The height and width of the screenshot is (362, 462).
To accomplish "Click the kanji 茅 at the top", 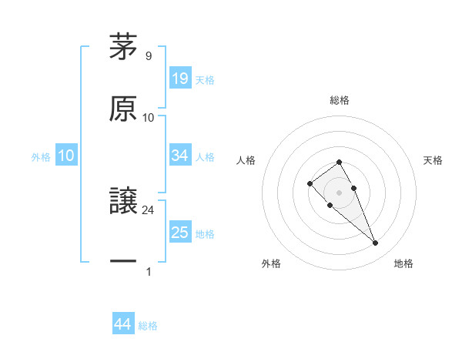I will click(x=124, y=47).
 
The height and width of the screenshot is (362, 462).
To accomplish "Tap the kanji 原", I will click(x=124, y=108).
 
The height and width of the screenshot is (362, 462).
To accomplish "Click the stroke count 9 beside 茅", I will click(x=148, y=55).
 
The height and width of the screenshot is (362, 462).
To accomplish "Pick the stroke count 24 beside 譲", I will click(x=149, y=209).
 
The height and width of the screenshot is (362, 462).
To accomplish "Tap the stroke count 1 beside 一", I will click(x=148, y=271).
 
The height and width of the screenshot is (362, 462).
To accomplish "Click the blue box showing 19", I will click(x=180, y=79).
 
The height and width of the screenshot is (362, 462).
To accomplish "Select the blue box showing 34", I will click(x=180, y=156).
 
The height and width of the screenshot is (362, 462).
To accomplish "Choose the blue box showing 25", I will click(x=180, y=233).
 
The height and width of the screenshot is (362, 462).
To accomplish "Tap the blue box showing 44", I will click(x=123, y=325).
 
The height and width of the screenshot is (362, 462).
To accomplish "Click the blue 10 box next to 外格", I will click(x=65, y=156).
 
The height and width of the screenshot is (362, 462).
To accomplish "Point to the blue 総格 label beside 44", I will click(x=148, y=326).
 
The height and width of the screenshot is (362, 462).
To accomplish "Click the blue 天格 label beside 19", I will click(x=205, y=79).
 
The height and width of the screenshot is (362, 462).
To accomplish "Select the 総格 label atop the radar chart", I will click(x=340, y=100).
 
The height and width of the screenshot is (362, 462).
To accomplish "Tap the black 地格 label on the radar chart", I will click(x=403, y=263).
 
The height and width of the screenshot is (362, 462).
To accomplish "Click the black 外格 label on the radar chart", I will click(x=271, y=263).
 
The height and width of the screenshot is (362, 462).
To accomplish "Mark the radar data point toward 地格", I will click(x=375, y=243).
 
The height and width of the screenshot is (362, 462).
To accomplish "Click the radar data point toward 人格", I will click(x=310, y=183).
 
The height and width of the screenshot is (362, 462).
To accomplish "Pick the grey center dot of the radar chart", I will click(x=340, y=193).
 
